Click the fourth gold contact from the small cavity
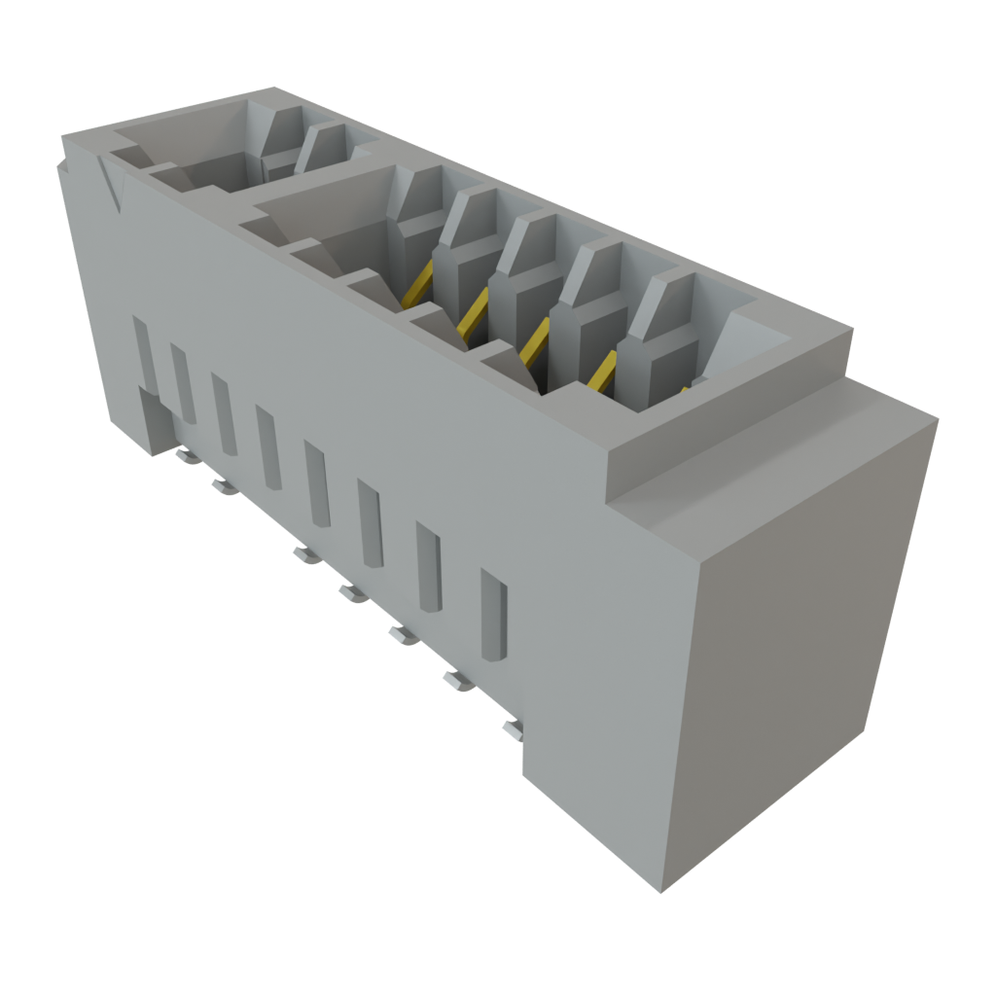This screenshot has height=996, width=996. pyautogui.click(x=600, y=372)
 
